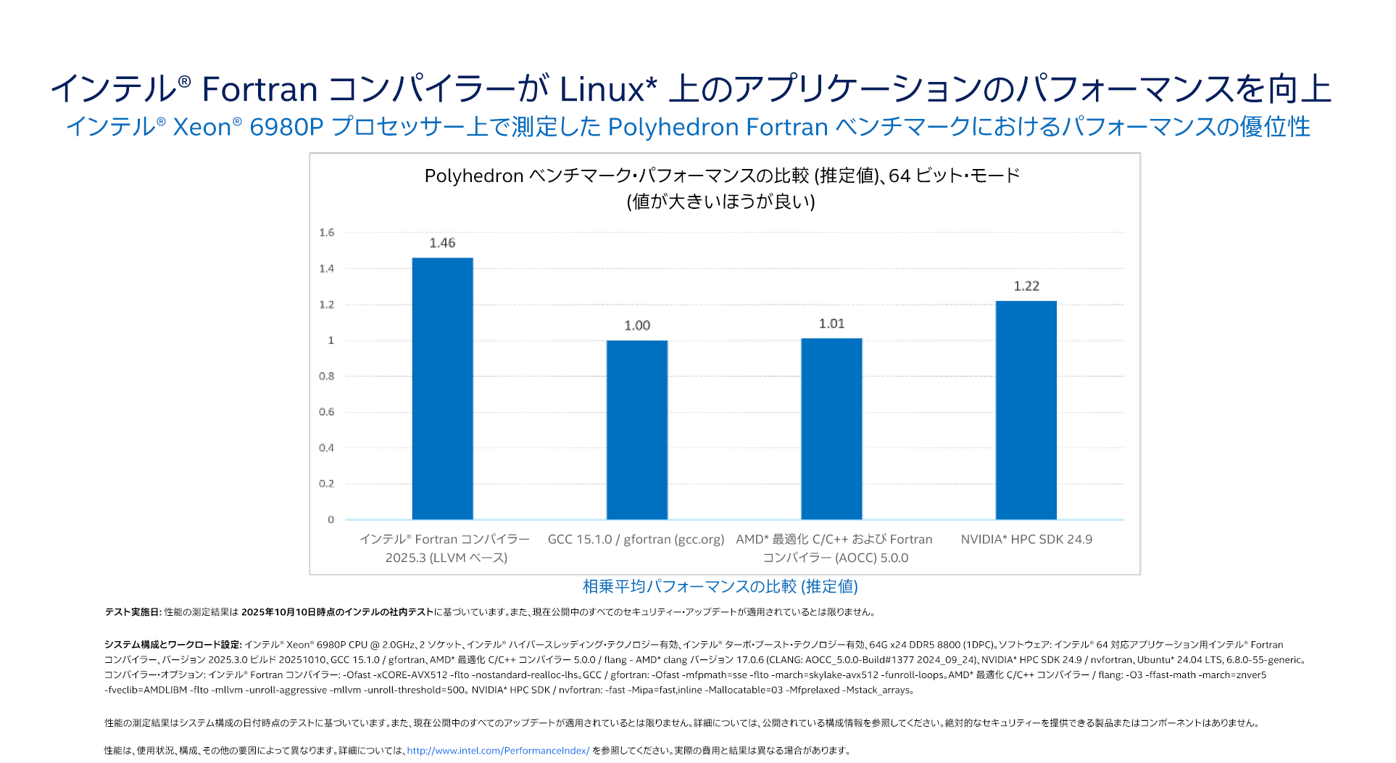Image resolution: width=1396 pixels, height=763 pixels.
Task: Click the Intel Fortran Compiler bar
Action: (x=442, y=389)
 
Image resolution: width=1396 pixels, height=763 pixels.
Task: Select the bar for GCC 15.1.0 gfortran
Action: (x=637, y=430)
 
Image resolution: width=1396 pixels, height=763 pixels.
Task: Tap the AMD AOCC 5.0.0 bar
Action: (x=831, y=429)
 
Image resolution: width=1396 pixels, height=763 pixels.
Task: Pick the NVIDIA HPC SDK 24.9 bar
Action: (x=1026, y=410)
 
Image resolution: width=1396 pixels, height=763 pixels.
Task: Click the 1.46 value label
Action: (x=442, y=243)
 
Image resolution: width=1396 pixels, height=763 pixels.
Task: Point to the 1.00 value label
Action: (x=637, y=326)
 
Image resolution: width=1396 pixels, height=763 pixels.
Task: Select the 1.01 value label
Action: (x=831, y=323)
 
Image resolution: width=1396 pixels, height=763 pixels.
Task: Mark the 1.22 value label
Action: (x=1026, y=286)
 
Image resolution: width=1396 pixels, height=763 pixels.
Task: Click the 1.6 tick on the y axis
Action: (x=327, y=233)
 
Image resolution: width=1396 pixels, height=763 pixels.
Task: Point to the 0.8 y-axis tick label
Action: (x=327, y=376)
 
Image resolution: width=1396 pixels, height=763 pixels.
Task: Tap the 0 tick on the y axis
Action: (x=331, y=519)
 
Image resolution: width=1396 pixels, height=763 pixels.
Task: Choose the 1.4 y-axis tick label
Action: (x=327, y=268)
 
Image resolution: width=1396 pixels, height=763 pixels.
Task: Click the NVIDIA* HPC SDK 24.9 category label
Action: (x=1026, y=540)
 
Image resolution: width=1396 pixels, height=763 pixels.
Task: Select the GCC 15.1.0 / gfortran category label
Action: (x=636, y=540)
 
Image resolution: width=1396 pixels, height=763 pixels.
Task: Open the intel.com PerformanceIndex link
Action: (x=498, y=751)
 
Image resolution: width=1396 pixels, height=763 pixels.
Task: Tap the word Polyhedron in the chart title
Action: (x=474, y=176)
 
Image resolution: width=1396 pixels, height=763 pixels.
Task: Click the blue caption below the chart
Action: (x=720, y=586)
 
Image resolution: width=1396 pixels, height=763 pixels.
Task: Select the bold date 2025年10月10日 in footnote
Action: (x=277, y=612)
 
